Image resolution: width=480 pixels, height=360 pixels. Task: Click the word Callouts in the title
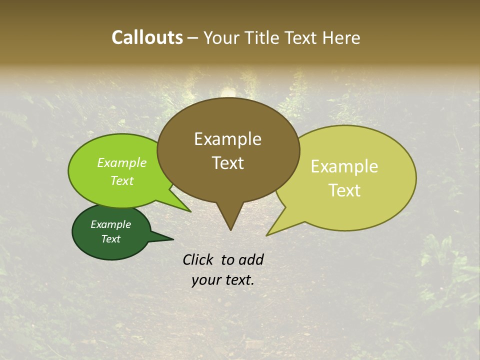click(x=147, y=37)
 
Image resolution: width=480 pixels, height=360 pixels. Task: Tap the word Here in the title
click(x=341, y=37)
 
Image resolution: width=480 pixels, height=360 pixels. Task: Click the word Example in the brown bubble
click(x=227, y=139)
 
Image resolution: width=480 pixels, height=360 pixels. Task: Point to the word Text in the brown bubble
click(x=227, y=163)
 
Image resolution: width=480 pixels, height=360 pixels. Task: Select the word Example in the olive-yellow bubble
click(x=344, y=166)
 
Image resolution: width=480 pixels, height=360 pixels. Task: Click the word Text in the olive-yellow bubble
click(x=344, y=190)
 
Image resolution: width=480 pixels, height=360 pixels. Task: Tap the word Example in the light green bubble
click(x=121, y=163)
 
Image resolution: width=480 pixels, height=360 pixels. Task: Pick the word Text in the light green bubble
click(x=121, y=180)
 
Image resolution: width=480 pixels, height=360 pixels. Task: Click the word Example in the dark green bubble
click(x=110, y=224)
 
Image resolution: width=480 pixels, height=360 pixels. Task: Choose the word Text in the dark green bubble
click(x=110, y=239)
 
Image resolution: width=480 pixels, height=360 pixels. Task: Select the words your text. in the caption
click(x=222, y=280)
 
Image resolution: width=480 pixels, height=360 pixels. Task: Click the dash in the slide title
click(x=193, y=38)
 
